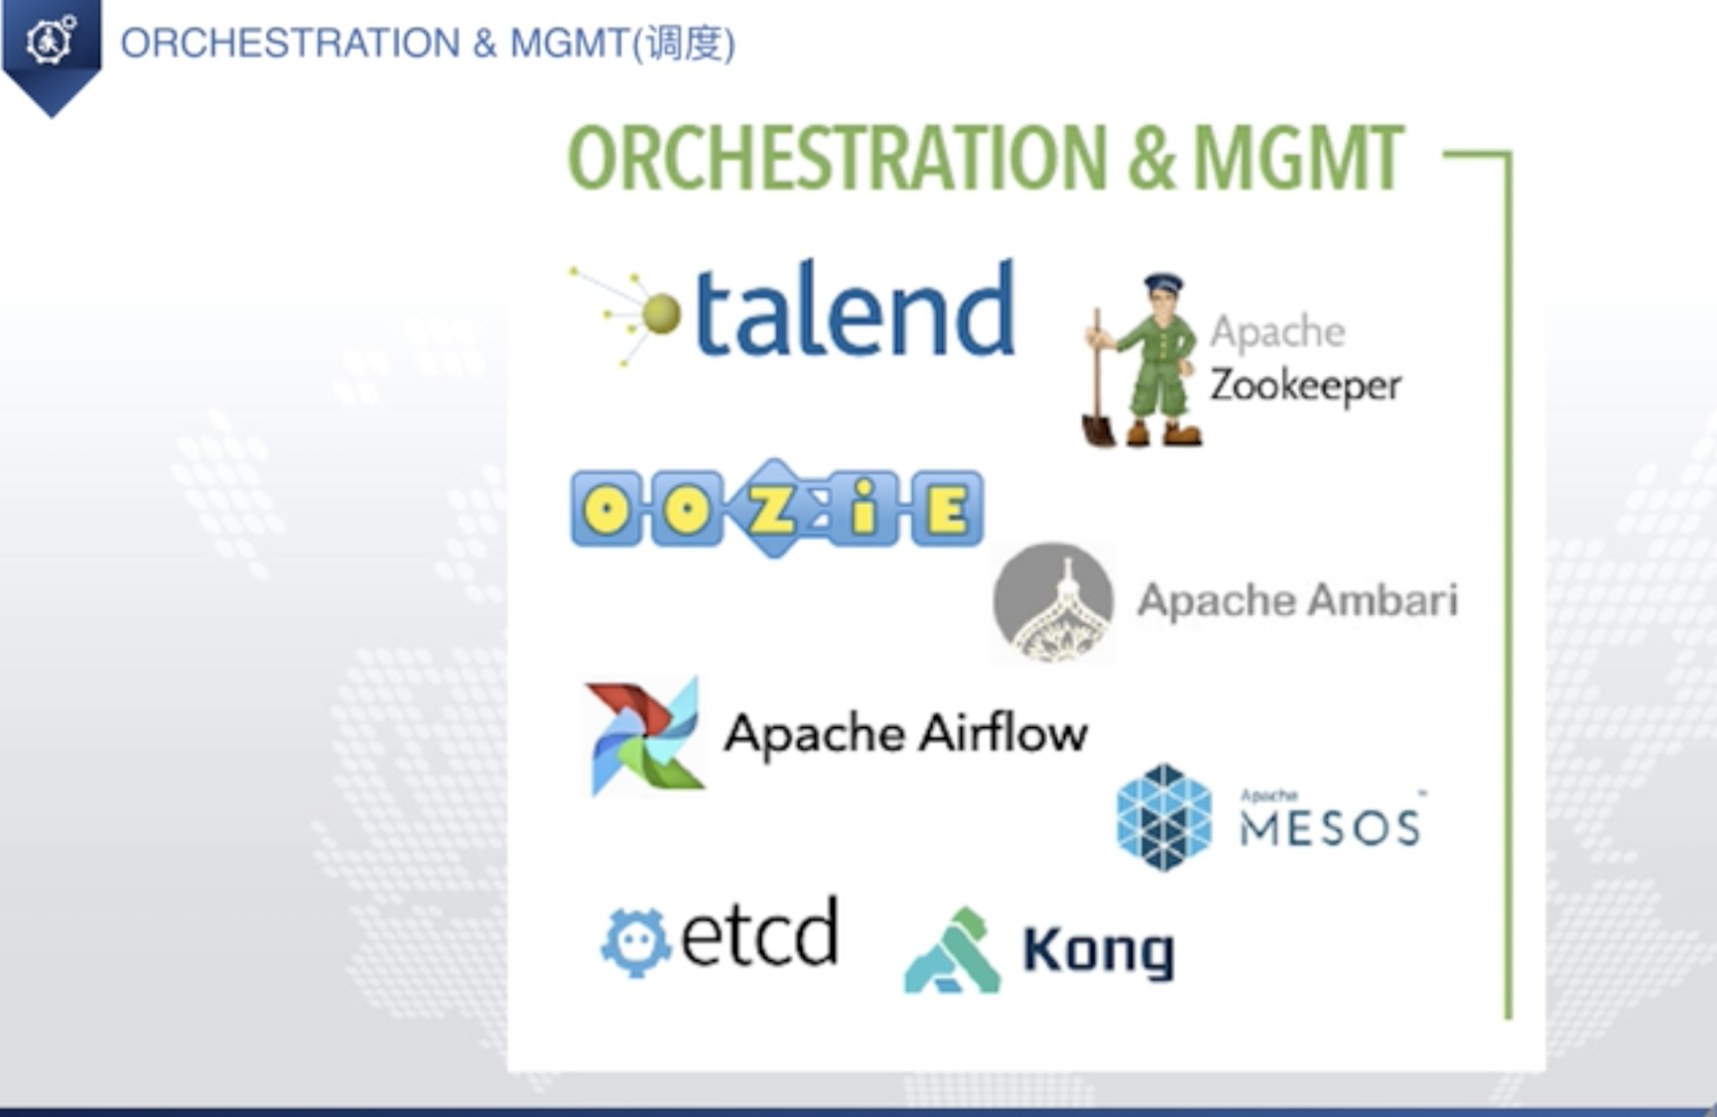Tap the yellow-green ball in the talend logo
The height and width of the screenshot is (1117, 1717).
click(x=661, y=314)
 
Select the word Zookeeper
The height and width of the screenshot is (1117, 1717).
click(x=1305, y=386)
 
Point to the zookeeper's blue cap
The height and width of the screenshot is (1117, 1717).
click(x=1162, y=284)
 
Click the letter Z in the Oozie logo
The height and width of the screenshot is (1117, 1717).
click(x=772, y=509)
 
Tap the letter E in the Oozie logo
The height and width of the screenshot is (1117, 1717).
click(x=947, y=510)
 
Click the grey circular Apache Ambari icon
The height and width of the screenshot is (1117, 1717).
click(x=1053, y=602)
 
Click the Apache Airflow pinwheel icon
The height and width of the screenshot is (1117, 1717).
click(x=645, y=737)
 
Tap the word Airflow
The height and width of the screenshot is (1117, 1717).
click(x=1002, y=733)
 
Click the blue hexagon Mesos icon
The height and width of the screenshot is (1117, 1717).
click(x=1164, y=817)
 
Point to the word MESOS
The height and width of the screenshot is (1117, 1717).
click(x=1330, y=827)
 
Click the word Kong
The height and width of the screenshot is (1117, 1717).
click(x=1099, y=951)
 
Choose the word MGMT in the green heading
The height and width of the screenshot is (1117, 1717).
click(x=1297, y=158)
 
